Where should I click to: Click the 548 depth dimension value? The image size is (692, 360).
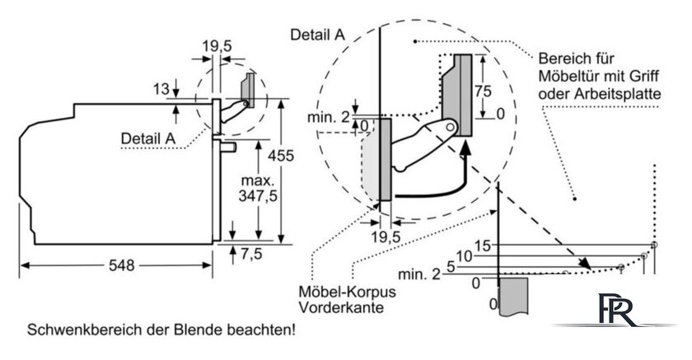point(121,265)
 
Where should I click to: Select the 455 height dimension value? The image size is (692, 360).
point(281,156)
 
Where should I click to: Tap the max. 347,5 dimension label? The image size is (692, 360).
point(258,188)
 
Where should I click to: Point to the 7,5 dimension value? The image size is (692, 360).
point(251,254)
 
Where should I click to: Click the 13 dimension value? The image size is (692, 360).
point(161,89)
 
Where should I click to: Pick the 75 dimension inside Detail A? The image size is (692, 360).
point(483,91)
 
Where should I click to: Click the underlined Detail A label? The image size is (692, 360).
point(147,138)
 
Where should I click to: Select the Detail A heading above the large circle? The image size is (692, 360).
point(317,35)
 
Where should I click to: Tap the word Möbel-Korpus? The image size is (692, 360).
point(348,292)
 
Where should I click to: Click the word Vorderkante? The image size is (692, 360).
point(341,307)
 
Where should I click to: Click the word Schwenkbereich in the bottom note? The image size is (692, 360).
point(85,330)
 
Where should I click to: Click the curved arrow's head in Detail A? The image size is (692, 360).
point(465,151)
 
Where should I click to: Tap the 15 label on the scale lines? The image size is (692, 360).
point(484,245)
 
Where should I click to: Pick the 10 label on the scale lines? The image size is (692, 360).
point(465,256)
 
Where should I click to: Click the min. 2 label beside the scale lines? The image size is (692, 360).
point(419,274)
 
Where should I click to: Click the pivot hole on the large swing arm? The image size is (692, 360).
point(450,127)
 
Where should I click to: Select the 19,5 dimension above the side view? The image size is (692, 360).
point(217,46)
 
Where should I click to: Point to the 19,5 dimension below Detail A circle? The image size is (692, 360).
point(386,237)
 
